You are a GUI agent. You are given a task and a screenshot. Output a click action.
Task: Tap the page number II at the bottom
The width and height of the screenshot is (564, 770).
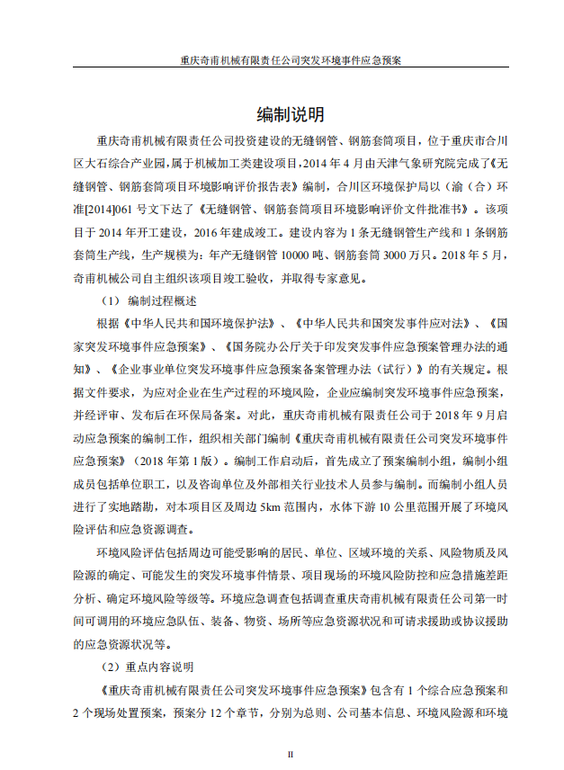(290, 754)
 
